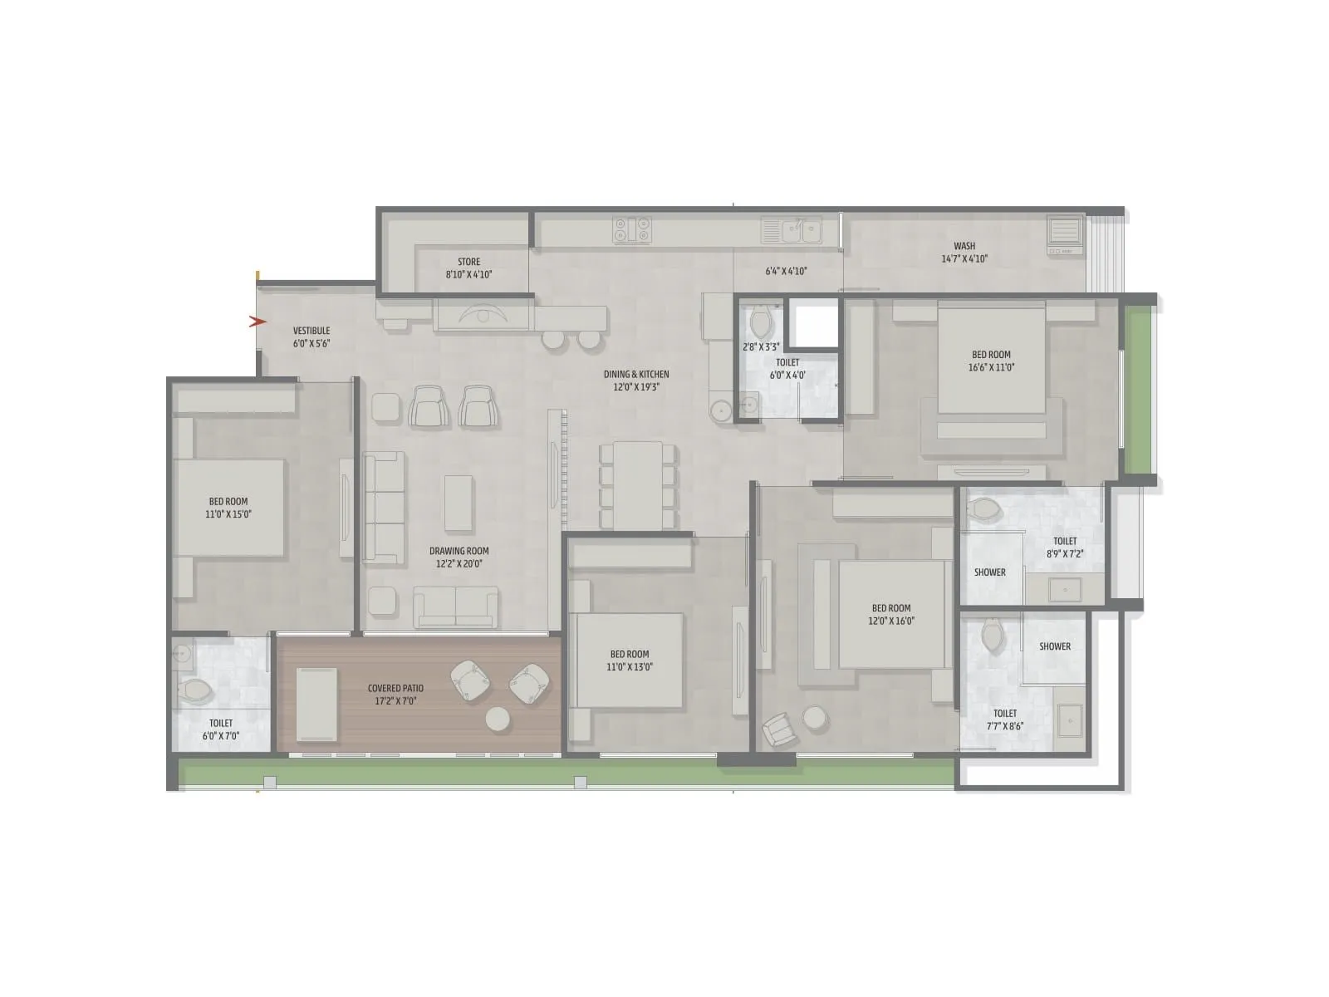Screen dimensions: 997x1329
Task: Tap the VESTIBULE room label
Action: tap(311, 331)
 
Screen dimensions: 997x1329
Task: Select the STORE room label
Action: tap(468, 262)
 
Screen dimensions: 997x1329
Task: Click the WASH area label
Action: tap(964, 246)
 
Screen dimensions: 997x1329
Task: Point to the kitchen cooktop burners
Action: tap(632, 229)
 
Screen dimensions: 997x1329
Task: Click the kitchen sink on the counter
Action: tap(792, 229)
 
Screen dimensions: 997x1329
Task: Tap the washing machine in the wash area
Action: tap(1065, 234)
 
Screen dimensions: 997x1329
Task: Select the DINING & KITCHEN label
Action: tap(636, 375)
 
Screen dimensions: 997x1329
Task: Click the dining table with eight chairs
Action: tap(638, 486)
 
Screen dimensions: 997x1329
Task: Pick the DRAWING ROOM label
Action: tap(459, 551)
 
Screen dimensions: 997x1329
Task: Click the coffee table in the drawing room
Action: tap(459, 503)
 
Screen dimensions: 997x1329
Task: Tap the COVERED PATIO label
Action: tap(395, 689)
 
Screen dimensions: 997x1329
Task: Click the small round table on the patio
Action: tap(498, 719)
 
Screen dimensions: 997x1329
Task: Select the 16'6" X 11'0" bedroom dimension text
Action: tap(991, 366)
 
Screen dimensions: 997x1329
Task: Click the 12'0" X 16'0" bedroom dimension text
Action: tap(891, 621)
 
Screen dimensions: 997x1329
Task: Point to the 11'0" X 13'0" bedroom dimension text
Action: tap(630, 666)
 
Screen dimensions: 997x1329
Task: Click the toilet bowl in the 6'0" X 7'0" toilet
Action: tap(196, 689)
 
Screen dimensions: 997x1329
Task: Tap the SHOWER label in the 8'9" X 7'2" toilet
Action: tap(989, 572)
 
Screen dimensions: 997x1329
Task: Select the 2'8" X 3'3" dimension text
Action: tap(761, 346)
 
